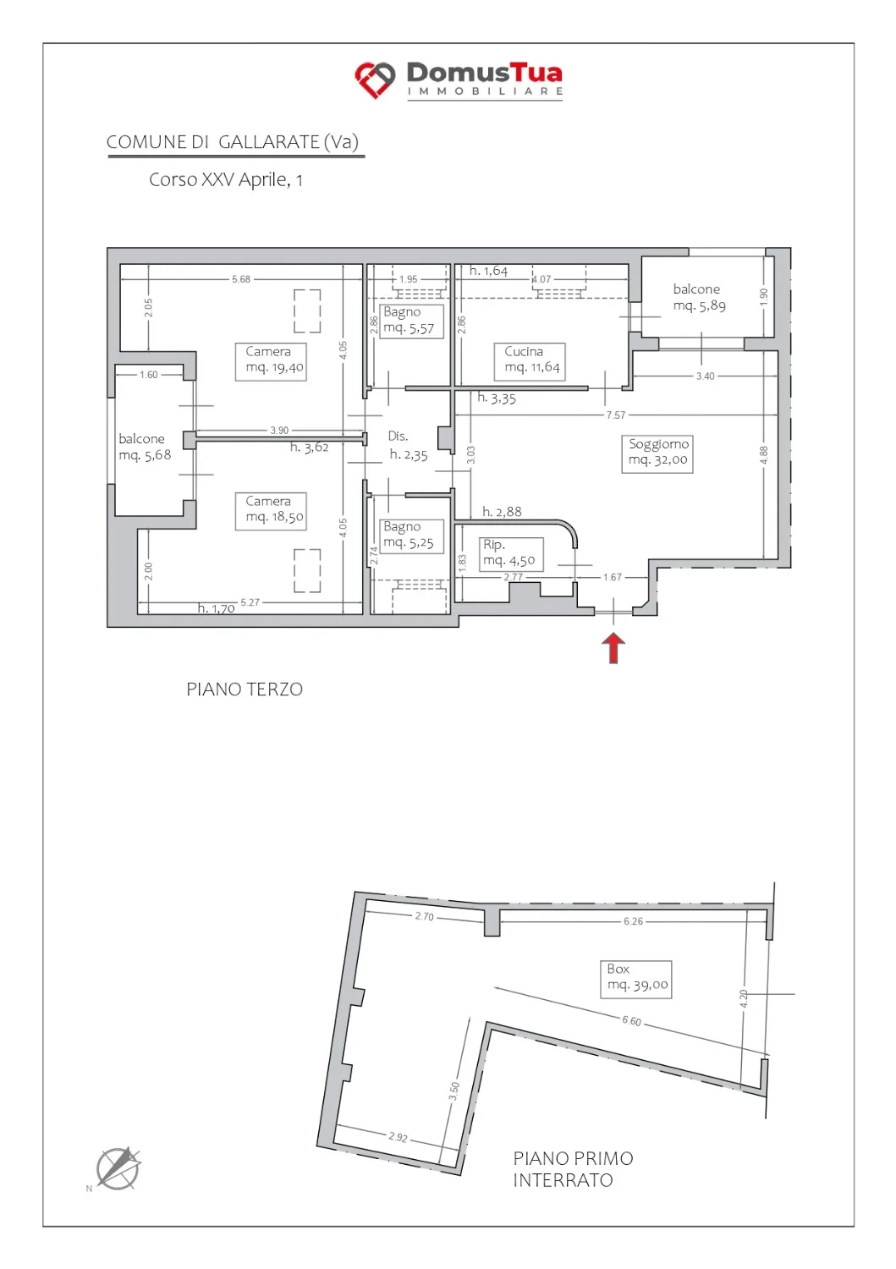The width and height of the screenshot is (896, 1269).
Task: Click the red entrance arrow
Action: pos(613,647)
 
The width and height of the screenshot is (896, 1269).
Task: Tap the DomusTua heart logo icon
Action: pos(375,80)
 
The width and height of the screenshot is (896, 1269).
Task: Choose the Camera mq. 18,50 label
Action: pos(271,510)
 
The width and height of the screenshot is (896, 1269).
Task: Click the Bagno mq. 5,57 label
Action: pos(411,321)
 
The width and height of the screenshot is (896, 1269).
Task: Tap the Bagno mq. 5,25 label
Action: pos(411,536)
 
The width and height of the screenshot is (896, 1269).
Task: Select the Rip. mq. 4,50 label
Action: pos(511,553)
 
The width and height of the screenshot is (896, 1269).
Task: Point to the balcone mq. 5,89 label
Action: pos(699,298)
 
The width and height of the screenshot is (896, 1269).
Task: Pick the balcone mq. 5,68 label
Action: pos(145,447)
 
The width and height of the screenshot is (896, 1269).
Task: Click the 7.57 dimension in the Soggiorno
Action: pos(615,415)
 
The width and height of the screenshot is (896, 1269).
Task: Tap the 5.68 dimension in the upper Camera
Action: pos(241,278)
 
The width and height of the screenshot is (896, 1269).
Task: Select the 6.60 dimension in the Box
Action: pos(631,1020)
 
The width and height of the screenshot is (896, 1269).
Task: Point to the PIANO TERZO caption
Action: pos(245,689)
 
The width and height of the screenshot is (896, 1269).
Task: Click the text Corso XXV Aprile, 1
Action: pos(226,179)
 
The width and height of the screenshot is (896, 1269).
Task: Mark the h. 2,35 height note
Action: pos(409,455)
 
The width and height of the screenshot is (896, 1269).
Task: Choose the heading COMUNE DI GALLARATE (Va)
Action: pos(233,142)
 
